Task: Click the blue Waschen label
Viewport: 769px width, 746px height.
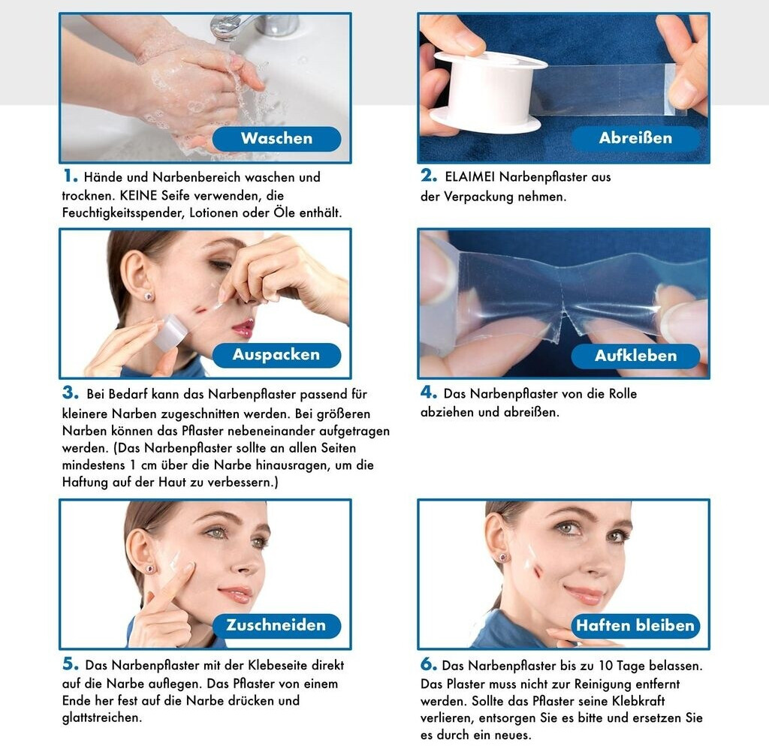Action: (276, 139)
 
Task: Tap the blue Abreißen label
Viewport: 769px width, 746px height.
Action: (635, 138)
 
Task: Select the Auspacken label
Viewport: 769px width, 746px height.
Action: (276, 355)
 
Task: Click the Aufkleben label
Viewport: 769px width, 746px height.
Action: (635, 356)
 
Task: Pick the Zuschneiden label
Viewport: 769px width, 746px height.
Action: (276, 625)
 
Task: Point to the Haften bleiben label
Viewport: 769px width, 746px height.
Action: (635, 626)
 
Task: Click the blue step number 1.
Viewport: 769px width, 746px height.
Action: (70, 176)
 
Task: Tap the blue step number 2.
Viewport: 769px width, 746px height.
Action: (429, 175)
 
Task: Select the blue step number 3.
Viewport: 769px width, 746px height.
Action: (70, 393)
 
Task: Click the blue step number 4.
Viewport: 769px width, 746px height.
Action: (429, 392)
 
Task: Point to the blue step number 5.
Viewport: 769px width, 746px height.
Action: (70, 663)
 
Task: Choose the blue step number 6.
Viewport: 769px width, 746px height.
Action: (429, 664)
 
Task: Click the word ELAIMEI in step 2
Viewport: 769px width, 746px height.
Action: (469, 177)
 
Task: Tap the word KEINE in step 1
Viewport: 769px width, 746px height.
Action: (138, 196)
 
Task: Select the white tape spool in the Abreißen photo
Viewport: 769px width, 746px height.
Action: (489, 92)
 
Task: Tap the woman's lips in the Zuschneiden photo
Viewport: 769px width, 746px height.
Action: (237, 594)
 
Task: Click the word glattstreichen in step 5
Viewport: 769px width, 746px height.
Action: (102, 718)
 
